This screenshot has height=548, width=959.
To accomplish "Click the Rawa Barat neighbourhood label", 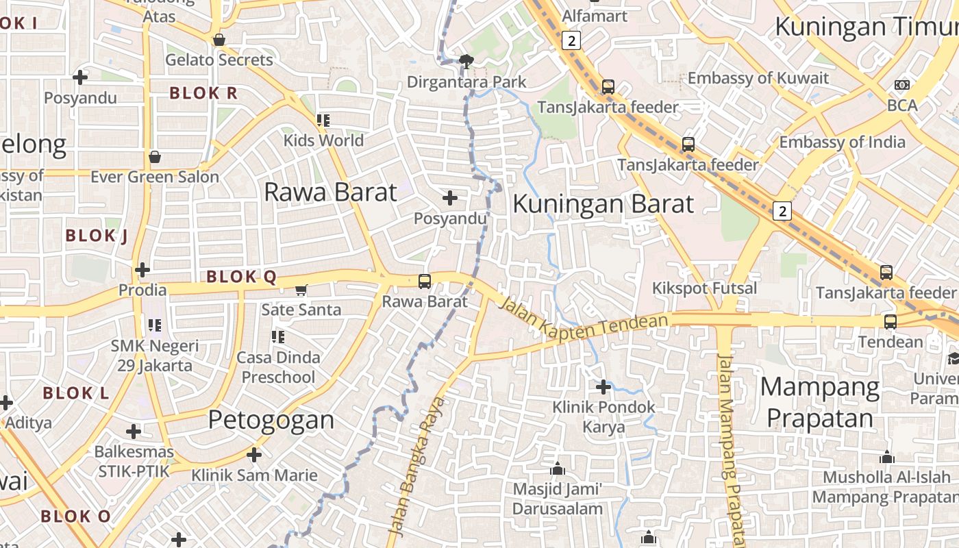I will pyautogui.click(x=330, y=192).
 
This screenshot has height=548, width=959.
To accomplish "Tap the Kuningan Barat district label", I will pyautogui.click(x=603, y=204).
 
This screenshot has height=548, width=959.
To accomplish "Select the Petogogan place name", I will pyautogui.click(x=271, y=419).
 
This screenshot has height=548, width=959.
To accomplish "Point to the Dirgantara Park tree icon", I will pyautogui.click(x=467, y=62).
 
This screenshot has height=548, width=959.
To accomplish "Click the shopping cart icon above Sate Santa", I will pyautogui.click(x=301, y=290).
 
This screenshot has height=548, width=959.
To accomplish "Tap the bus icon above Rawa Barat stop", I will pyautogui.click(x=425, y=281).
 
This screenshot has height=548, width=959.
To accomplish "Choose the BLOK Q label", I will pyautogui.click(x=241, y=277).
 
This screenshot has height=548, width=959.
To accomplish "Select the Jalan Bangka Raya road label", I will pyautogui.click(x=416, y=466).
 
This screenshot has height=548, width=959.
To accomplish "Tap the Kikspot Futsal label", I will pyautogui.click(x=704, y=288).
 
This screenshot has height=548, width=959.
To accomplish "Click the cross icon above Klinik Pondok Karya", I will pyautogui.click(x=603, y=387).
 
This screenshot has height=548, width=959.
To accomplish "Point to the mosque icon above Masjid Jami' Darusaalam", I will pyautogui.click(x=558, y=469).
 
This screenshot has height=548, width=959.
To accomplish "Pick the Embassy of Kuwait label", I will pyautogui.click(x=758, y=78).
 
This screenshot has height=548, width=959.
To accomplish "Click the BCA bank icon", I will pyautogui.click(x=902, y=85).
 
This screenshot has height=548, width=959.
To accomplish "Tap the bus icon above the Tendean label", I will pyautogui.click(x=890, y=321).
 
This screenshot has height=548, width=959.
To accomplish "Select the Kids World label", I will pyautogui.click(x=323, y=140).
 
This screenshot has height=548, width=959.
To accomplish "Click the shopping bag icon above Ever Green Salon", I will pyautogui.click(x=155, y=157).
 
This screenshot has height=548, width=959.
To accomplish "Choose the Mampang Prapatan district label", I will pyautogui.click(x=820, y=402).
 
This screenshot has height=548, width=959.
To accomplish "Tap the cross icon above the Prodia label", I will pyautogui.click(x=142, y=269).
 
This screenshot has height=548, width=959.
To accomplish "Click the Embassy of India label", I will pyautogui.click(x=842, y=142).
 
